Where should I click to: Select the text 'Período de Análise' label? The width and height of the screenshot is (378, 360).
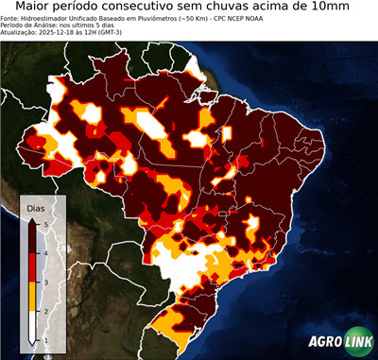tap(26, 26)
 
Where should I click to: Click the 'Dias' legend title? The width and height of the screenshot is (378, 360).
tap(35, 207)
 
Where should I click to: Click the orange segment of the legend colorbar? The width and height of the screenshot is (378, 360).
tap(32, 296)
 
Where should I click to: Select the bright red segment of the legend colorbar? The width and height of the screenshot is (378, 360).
tap(32, 267)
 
